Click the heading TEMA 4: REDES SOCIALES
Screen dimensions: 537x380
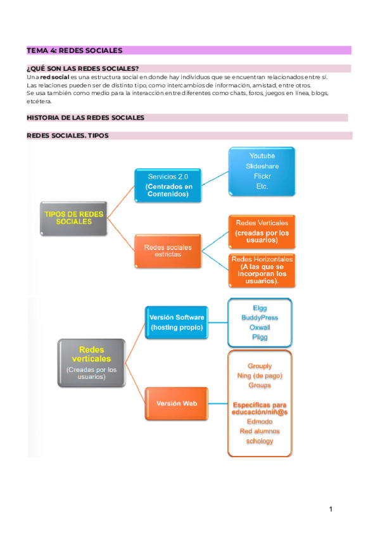[x=74, y=50]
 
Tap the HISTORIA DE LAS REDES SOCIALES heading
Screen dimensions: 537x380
[x=85, y=118]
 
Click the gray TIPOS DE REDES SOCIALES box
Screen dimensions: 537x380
[x=73, y=218]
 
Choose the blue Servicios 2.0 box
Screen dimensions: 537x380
[x=168, y=186]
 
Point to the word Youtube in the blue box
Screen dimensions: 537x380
[x=262, y=156]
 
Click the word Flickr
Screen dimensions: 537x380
[x=262, y=177]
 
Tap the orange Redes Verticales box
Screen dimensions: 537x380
[x=262, y=231]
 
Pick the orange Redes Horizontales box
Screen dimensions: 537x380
[x=262, y=270]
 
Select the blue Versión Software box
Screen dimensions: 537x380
[x=177, y=322]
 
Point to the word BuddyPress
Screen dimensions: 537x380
[x=260, y=318]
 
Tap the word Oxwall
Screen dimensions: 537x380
[x=260, y=327]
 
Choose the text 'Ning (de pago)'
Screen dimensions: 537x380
[x=260, y=376]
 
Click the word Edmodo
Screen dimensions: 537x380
[x=260, y=421]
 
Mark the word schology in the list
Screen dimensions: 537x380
[x=260, y=441]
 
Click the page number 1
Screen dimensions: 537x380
[x=331, y=509]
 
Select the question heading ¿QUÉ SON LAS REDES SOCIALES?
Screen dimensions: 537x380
[x=83, y=68]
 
